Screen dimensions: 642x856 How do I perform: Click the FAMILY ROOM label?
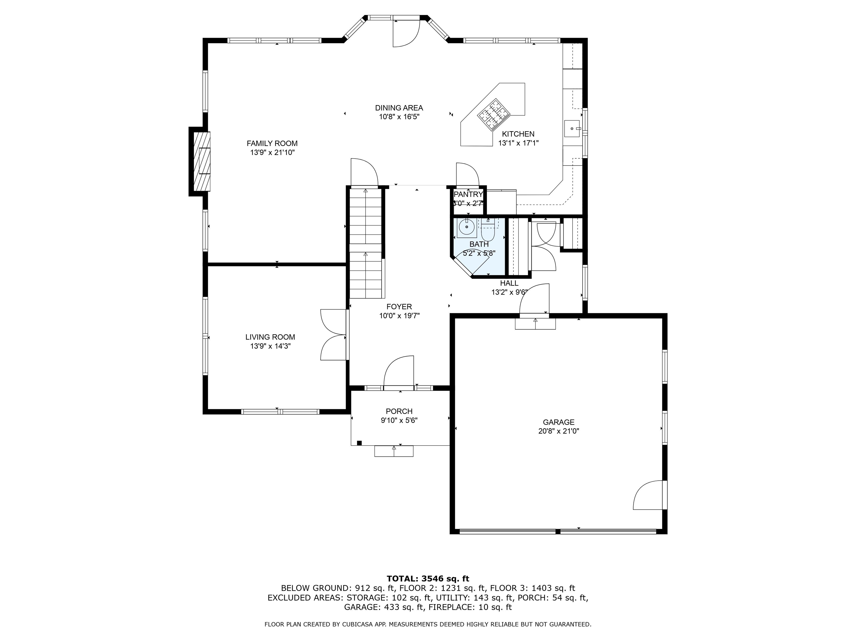[272, 144]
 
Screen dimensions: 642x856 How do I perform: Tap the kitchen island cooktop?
[493, 114]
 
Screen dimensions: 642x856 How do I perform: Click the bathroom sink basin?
[467, 227]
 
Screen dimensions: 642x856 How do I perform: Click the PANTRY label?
[468, 194]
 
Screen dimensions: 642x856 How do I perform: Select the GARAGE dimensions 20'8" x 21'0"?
[558, 431]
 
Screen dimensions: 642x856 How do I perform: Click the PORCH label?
[399, 411]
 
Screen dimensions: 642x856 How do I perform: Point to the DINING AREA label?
[399, 108]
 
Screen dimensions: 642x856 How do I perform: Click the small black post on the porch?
[359, 443]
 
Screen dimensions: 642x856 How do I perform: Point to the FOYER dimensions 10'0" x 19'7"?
[399, 316]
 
